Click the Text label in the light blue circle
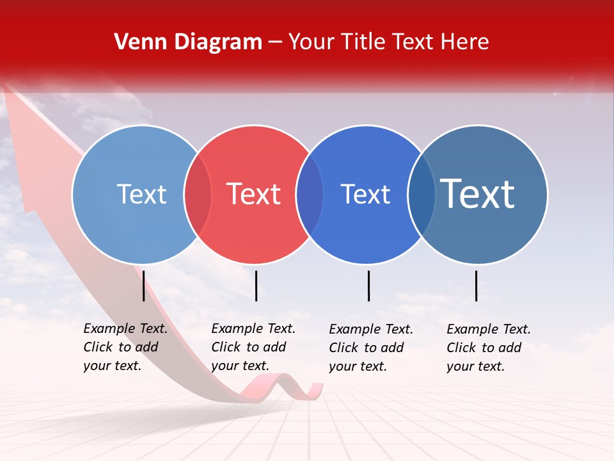pos(141,194)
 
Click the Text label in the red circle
pos(253,194)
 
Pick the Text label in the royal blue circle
pos(365,194)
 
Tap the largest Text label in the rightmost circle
pos(478,194)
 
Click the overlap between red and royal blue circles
pos(310,195)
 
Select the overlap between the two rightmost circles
pos(421,195)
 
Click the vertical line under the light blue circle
pos(143,286)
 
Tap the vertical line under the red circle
pos(256,286)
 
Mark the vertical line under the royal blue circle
pos(368,286)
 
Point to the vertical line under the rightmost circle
pos(476,286)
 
